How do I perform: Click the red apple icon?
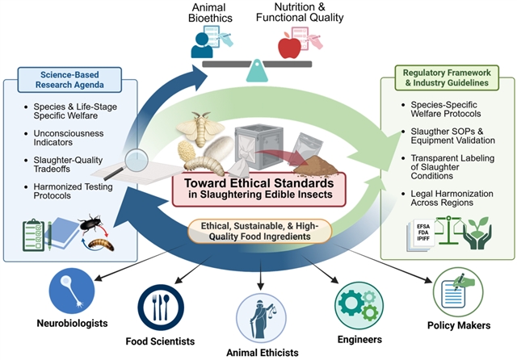[289, 47]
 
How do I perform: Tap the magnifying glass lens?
[137, 160]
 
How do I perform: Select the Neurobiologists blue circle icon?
[72, 291]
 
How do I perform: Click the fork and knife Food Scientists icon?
[161, 308]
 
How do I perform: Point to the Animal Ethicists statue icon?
[261, 318]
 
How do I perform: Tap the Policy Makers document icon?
[458, 292]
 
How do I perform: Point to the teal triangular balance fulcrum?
[257, 70]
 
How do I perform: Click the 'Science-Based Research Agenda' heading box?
[69, 80]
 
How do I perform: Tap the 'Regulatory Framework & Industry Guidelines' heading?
[447, 77]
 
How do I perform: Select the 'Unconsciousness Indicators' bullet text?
[69, 138]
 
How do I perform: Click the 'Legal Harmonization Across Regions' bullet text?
[452, 198]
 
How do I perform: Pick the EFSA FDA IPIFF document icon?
[422, 234]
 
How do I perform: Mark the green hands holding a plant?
[477, 232]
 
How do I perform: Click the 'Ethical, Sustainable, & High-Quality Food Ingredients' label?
[259, 231]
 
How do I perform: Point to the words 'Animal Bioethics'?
[210, 13]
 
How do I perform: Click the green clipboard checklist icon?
[33, 235]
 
